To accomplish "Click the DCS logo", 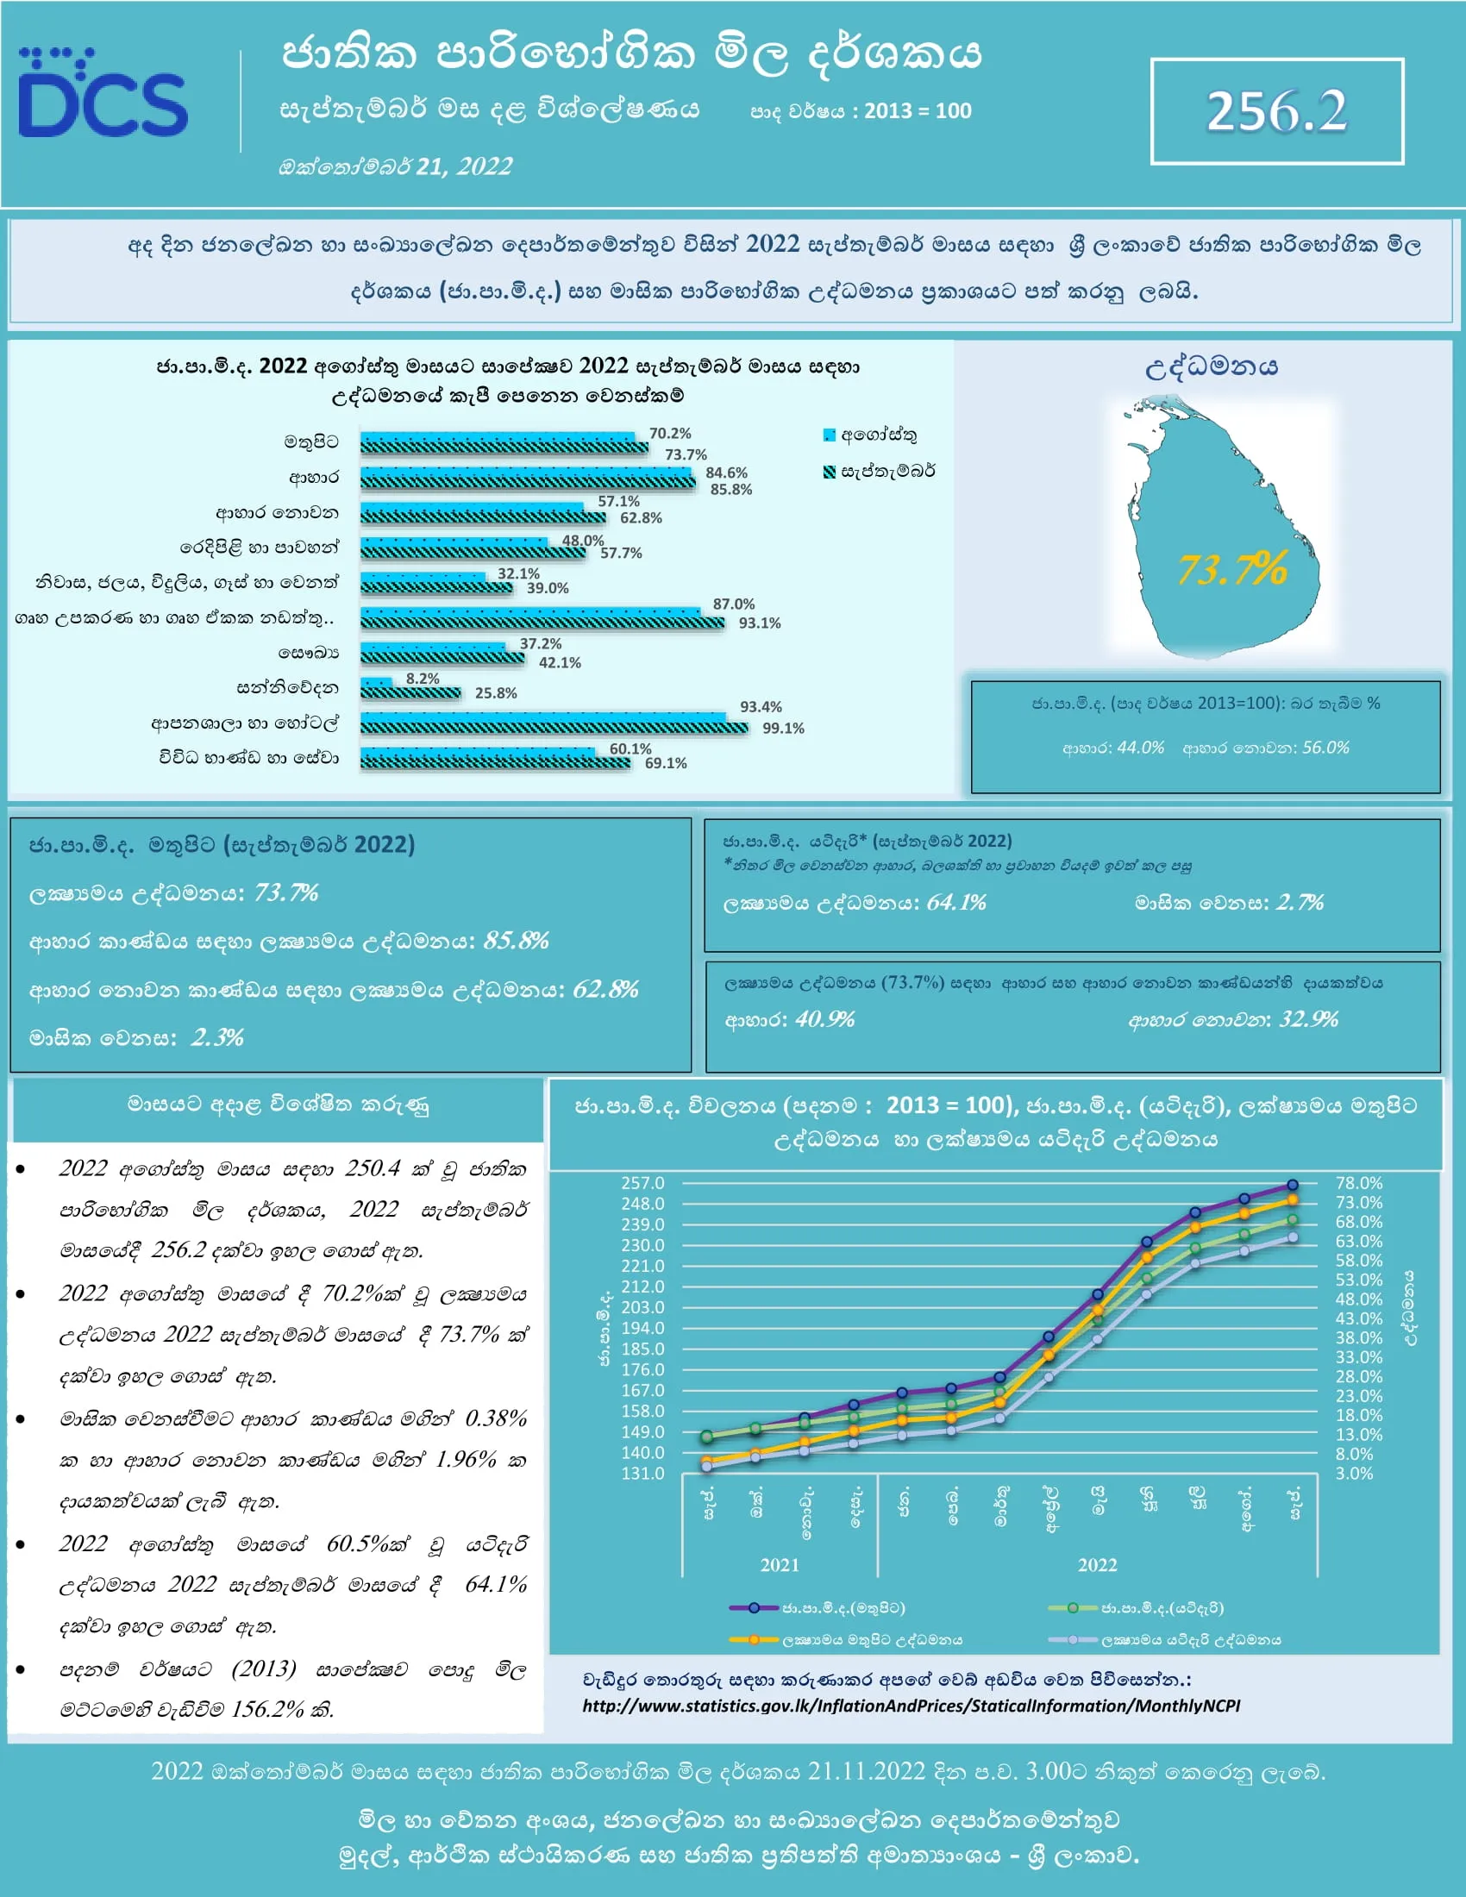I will click(103, 96).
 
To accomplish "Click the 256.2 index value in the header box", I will click(1275, 112).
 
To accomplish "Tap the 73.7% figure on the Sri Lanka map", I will click(1231, 570).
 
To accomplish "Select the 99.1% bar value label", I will click(782, 728).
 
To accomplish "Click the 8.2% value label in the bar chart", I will click(422, 679).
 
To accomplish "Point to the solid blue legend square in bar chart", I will click(830, 435).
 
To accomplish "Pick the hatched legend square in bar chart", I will click(830, 471).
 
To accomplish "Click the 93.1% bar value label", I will click(759, 623).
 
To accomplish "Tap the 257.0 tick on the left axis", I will click(642, 1183).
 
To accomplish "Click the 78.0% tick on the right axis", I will click(1358, 1183).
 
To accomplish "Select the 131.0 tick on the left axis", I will click(642, 1473).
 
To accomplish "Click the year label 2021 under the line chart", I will click(779, 1564).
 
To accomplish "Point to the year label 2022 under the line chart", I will click(1097, 1564).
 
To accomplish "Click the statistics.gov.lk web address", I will click(910, 1706).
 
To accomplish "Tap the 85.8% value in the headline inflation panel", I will click(516, 941).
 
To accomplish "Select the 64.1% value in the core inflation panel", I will click(955, 903).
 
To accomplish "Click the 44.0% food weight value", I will click(1139, 748).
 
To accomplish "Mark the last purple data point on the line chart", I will click(1293, 1185).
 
